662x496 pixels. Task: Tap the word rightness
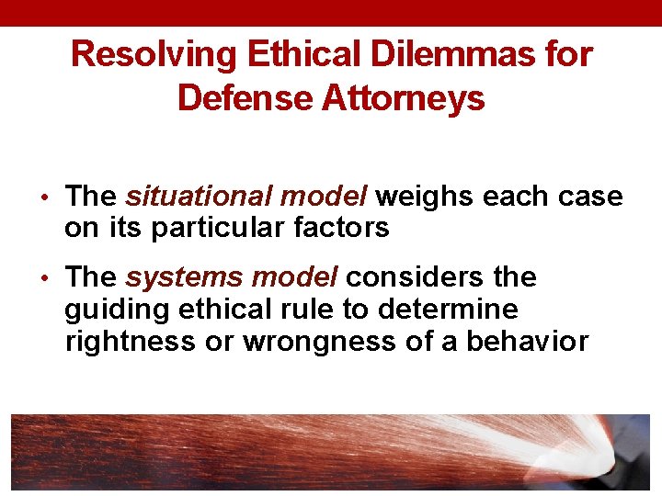pos(122,341)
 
